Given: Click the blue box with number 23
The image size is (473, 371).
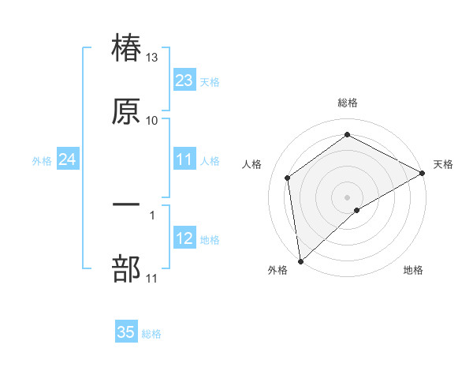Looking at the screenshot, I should pyautogui.click(x=184, y=81).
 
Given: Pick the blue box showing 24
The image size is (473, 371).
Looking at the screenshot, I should pyautogui.click(x=67, y=159).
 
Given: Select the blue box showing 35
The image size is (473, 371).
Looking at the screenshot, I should pyautogui.click(x=126, y=332).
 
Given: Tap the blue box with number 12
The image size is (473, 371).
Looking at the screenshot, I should pyautogui.click(x=184, y=238).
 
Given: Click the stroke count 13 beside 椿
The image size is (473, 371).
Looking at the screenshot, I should pyautogui.click(x=152, y=58).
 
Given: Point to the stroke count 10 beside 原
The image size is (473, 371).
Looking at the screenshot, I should pyautogui.click(x=152, y=120).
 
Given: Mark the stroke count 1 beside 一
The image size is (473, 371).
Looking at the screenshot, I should pyautogui.click(x=152, y=214).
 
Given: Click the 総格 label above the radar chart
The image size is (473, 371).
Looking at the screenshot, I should pyautogui.click(x=348, y=103).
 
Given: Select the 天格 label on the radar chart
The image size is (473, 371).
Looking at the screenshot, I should pyautogui.click(x=444, y=164).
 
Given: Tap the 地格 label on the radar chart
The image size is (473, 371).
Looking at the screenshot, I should pyautogui.click(x=413, y=270).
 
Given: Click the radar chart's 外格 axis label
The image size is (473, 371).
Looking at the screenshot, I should pyautogui.click(x=277, y=270).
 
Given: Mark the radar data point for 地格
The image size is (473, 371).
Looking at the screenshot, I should pyautogui.click(x=357, y=210).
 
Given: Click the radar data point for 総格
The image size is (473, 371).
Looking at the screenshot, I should pyautogui.click(x=348, y=135).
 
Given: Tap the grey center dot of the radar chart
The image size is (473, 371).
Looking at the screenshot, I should pyautogui.click(x=348, y=197).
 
